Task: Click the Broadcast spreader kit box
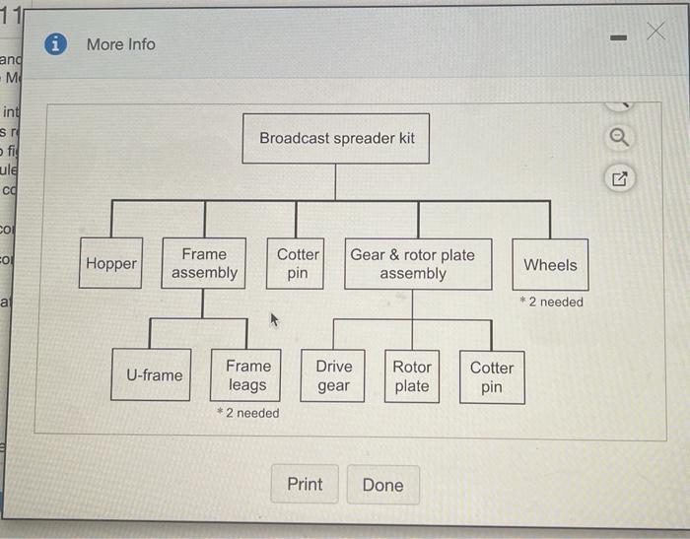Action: click(x=337, y=139)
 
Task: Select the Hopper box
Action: click(x=110, y=264)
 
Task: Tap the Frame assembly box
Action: click(x=204, y=264)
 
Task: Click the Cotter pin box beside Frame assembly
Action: click(x=298, y=264)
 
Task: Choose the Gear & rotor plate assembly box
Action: click(x=418, y=264)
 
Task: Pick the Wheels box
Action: click(x=550, y=264)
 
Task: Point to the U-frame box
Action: click(x=154, y=375)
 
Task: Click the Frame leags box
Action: click(x=247, y=375)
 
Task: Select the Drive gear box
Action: click(x=333, y=376)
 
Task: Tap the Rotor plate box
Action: click(x=412, y=376)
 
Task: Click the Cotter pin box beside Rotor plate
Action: click(x=491, y=376)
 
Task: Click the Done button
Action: click(x=382, y=485)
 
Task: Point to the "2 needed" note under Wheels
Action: click(x=551, y=303)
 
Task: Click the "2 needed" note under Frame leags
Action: click(x=247, y=414)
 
